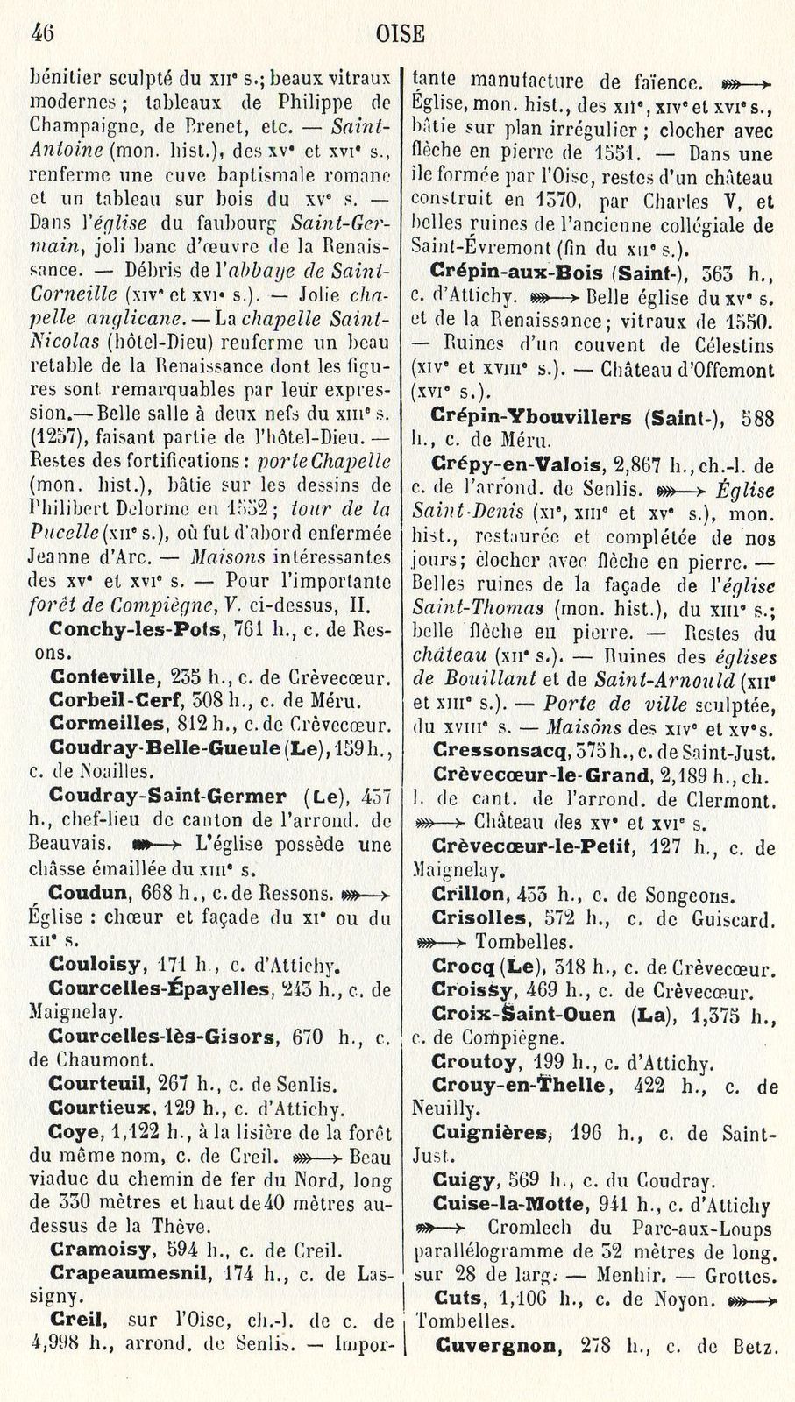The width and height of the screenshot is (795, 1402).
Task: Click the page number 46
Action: [x=42, y=33]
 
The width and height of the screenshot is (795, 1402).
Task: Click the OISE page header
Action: [x=400, y=34]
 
